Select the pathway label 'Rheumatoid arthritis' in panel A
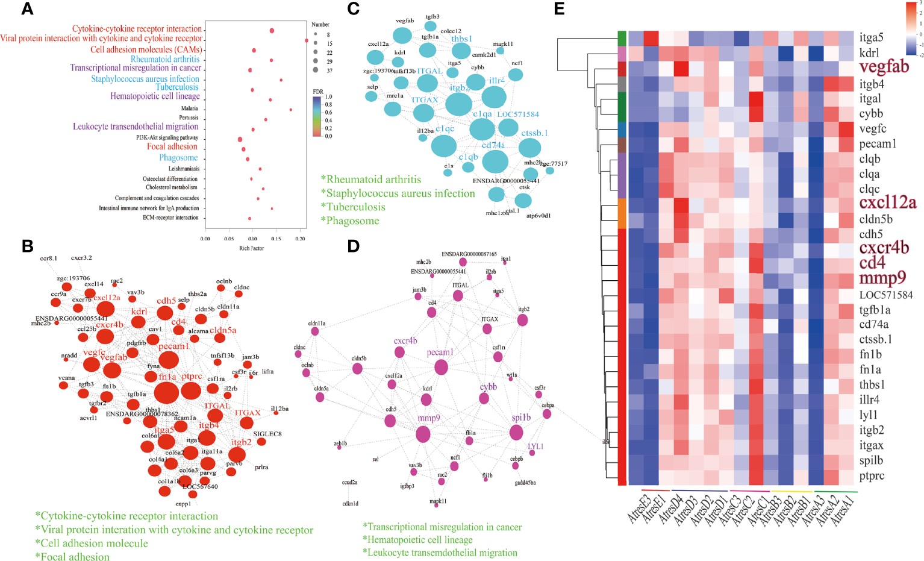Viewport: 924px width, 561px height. (165, 59)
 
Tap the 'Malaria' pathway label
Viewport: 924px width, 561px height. (189, 108)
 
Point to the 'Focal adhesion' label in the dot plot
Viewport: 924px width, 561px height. (172, 146)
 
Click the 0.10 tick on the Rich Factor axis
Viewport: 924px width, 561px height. (252, 239)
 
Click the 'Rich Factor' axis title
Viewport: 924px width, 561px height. (252, 248)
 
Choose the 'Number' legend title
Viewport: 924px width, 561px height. (320, 25)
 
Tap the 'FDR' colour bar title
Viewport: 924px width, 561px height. (317, 92)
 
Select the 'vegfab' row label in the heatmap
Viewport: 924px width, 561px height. (884, 67)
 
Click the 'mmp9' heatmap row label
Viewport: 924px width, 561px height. (882, 278)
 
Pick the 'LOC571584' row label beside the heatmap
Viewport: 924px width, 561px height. (885, 295)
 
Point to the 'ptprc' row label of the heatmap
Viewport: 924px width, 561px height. (872, 475)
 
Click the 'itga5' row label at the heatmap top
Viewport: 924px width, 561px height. (871, 37)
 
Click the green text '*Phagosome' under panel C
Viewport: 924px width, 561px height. (350, 221)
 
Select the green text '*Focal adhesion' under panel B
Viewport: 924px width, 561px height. (72, 557)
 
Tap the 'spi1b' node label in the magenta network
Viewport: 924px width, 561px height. (521, 418)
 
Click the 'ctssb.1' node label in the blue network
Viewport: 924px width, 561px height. (534, 133)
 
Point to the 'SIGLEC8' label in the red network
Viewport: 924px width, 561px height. (267, 434)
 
